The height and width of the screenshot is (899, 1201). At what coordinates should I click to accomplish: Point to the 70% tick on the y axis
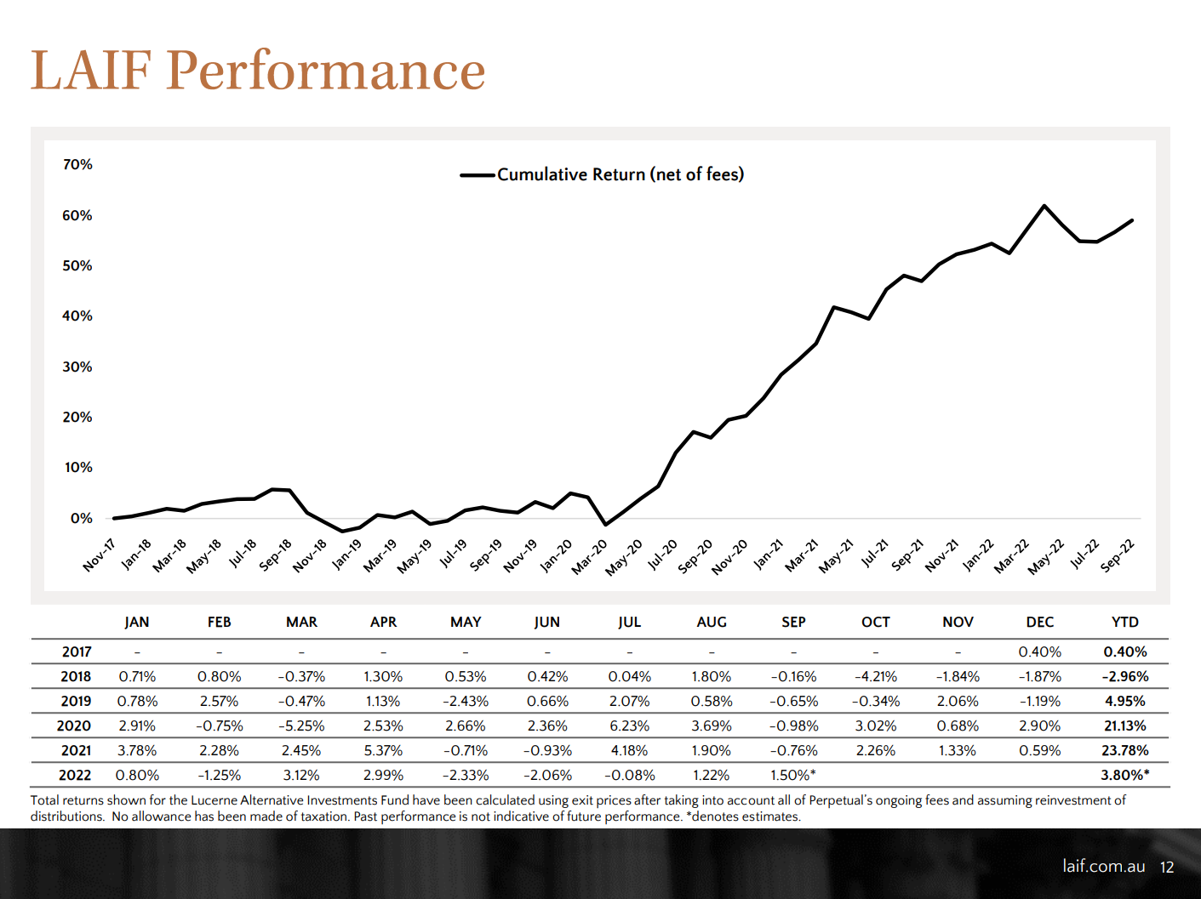[77, 164]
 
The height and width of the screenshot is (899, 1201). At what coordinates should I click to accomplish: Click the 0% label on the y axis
[82, 518]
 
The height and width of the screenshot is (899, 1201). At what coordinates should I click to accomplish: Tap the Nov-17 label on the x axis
[100, 555]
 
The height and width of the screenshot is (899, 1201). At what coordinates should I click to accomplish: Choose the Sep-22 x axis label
[1118, 555]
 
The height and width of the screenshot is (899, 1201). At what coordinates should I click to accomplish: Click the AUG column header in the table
[712, 622]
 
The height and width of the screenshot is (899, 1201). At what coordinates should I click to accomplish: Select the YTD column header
[1124, 622]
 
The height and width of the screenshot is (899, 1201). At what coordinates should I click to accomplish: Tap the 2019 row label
[76, 701]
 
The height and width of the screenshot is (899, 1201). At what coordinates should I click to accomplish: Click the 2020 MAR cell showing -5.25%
[301, 725]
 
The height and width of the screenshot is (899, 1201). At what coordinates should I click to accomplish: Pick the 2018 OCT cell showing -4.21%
[875, 676]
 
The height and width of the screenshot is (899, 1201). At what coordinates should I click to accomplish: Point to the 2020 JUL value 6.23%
[629, 725]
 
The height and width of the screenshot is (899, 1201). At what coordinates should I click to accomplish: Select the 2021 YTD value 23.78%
[1124, 750]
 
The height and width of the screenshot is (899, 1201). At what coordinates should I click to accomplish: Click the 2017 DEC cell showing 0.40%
[1039, 651]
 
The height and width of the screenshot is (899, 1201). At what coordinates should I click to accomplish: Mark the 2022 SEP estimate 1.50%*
[792, 775]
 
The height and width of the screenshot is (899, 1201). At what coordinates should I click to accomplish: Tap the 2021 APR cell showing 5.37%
[383, 750]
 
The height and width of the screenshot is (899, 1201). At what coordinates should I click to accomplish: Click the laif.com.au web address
[1103, 866]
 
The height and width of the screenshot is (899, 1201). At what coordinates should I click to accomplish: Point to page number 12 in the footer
[1167, 867]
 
